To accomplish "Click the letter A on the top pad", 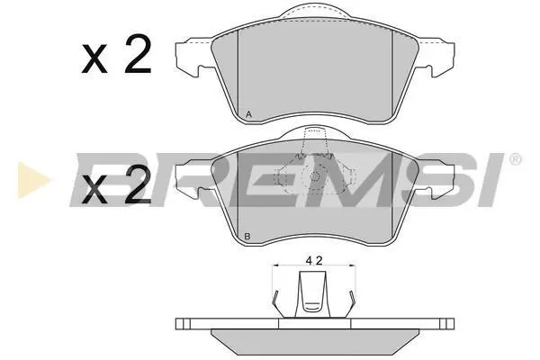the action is click(x=249, y=114).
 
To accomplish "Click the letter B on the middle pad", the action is click(x=247, y=237).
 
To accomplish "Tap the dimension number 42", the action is click(x=314, y=261).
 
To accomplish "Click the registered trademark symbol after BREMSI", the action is click(x=515, y=159).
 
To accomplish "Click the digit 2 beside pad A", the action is click(x=138, y=54).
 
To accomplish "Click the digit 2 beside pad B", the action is click(x=138, y=184).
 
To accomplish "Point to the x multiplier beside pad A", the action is click(x=94, y=60).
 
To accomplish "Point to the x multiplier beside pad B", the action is click(x=94, y=190).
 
